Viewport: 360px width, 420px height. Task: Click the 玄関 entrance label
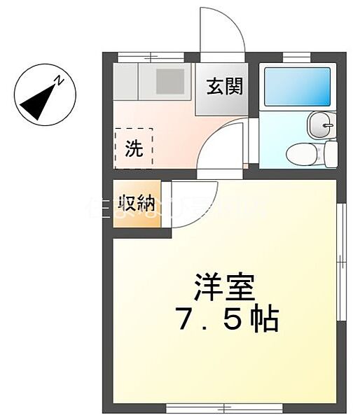[224, 86]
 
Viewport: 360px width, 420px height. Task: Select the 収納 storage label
[136, 204]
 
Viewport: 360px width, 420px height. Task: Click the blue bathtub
[297, 87]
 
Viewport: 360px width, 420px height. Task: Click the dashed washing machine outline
[133, 147]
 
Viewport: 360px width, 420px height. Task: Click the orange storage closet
[137, 204]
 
